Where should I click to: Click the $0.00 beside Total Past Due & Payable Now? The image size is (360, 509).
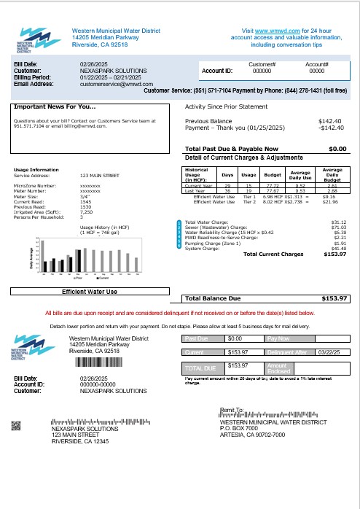(337, 149)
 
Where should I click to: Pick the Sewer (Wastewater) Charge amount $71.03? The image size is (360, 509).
(338, 228)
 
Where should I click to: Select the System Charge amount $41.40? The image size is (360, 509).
(338, 249)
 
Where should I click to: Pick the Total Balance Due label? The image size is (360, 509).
(212, 298)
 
